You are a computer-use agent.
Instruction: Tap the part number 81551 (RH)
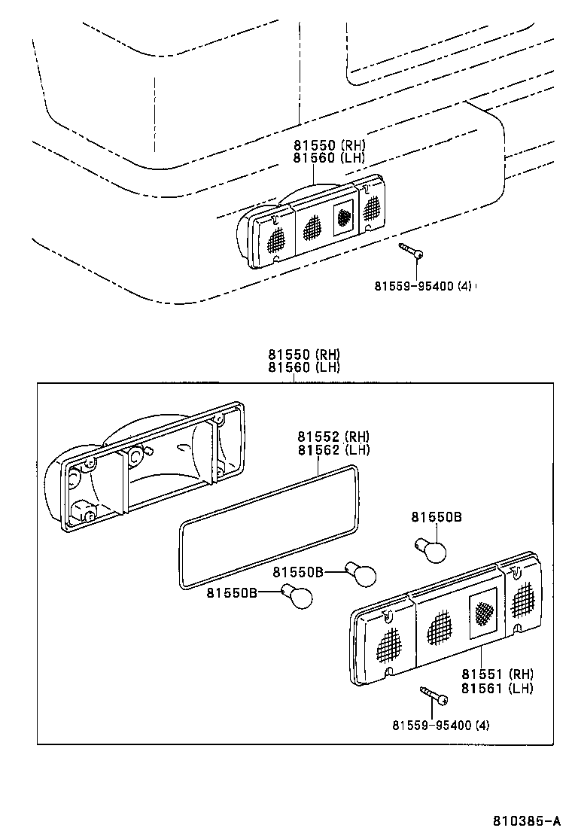pyautogui.click(x=497, y=674)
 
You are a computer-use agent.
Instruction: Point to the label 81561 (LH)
pyautogui.click(x=497, y=688)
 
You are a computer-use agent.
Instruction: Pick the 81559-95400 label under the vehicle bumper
pyautogui.click(x=422, y=285)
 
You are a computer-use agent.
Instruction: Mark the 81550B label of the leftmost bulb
pyautogui.click(x=232, y=593)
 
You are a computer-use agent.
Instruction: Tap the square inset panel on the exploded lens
pyautogui.click(x=482, y=614)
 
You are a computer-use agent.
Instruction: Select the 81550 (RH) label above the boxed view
pyautogui.click(x=303, y=354)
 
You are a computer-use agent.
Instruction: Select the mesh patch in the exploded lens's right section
pyautogui.click(x=523, y=602)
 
